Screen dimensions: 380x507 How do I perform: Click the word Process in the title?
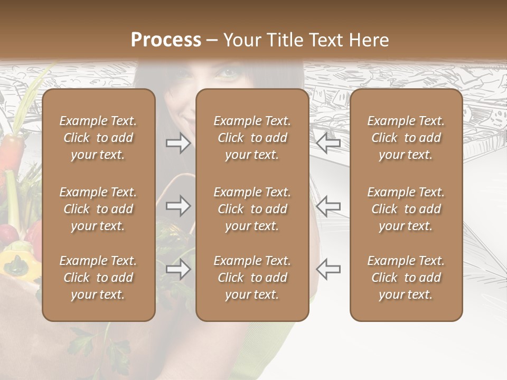tap(166, 40)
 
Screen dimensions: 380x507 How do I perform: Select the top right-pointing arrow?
tap(179, 142)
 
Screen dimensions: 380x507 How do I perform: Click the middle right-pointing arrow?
tap(179, 206)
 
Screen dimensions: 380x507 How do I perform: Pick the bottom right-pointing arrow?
tap(179, 269)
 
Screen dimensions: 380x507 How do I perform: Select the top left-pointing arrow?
tap(328, 142)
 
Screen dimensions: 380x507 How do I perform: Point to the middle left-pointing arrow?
tap(328, 206)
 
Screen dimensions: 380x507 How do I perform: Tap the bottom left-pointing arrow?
tap(328, 269)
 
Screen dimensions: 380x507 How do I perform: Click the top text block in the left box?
tap(98, 138)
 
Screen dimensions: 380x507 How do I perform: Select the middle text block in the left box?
tap(98, 209)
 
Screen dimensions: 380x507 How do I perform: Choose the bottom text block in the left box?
tap(98, 278)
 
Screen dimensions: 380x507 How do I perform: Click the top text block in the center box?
tap(252, 138)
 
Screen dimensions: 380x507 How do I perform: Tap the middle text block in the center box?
tap(252, 209)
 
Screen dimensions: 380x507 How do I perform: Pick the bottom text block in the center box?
tap(252, 278)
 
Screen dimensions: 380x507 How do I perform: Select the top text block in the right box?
tap(406, 138)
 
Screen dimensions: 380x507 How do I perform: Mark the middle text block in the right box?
tap(406, 209)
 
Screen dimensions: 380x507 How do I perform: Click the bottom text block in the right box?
tap(406, 278)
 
